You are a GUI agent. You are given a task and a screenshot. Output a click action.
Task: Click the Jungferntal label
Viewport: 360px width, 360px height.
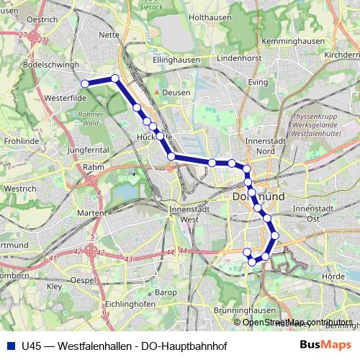coord(87,150)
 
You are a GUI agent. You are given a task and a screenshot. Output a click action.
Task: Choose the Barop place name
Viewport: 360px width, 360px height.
coord(166,292)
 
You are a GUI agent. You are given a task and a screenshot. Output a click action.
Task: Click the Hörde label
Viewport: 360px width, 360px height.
coord(336,276)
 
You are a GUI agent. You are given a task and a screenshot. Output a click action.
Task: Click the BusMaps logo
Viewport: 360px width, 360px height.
coord(325,346)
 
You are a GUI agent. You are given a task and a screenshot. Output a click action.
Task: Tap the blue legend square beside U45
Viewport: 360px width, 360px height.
coord(11,346)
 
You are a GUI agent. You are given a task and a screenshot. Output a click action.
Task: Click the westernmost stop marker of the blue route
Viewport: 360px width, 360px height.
coord(85,84)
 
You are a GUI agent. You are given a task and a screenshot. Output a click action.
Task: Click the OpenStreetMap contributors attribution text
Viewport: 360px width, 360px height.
coord(297,323)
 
